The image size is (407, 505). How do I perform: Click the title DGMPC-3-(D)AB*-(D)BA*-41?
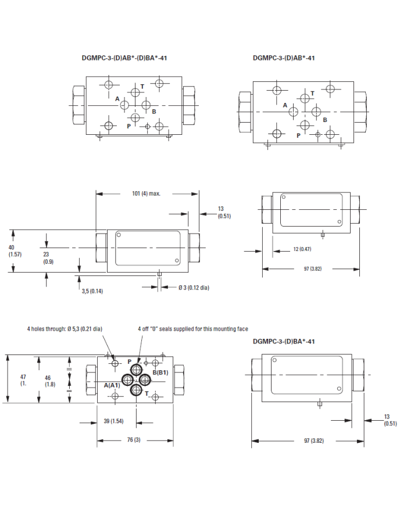(125, 58)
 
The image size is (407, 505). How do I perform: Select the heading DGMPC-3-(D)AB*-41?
(284, 58)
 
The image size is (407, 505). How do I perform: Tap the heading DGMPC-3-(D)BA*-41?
(284, 341)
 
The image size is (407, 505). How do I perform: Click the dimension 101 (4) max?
(142, 194)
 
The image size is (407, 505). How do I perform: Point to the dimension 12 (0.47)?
(302, 249)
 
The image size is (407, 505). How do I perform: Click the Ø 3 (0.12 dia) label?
(188, 287)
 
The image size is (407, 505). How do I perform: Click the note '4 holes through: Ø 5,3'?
(65, 329)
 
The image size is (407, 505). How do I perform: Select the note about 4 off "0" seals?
(192, 329)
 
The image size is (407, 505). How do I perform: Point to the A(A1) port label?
(112, 385)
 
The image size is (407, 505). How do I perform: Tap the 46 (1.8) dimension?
(51, 381)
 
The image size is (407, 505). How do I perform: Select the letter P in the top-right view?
(298, 135)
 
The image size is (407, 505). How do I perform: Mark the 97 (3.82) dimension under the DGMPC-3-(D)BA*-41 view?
(310, 440)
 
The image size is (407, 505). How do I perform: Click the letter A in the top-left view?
(117, 99)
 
